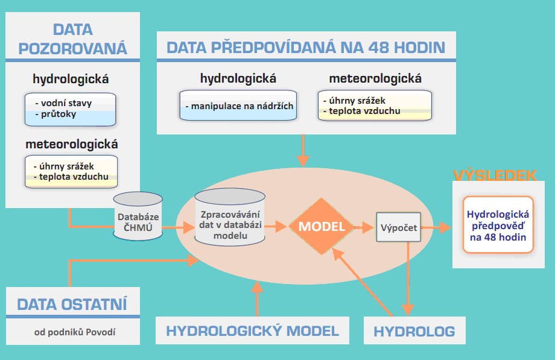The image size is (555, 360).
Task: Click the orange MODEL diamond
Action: pos(321,227)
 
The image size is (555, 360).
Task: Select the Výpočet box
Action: pos(398,228)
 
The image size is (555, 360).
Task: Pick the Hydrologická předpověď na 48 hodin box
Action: pos(498,224)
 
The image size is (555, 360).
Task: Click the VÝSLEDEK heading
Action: pos(495,175)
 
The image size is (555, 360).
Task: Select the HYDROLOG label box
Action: pos(414,331)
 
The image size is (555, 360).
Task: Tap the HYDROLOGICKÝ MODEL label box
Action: pos(252,330)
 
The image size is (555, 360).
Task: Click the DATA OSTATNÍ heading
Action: pos(72,304)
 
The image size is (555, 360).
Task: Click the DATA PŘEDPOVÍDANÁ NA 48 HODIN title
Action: pos(306,48)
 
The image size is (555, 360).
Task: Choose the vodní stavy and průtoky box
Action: pos(70,109)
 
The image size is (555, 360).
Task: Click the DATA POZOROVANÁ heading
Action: pos(72,39)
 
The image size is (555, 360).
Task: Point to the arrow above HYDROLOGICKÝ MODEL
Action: pos(256,298)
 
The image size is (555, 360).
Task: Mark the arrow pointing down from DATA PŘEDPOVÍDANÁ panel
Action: pos(304,151)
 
